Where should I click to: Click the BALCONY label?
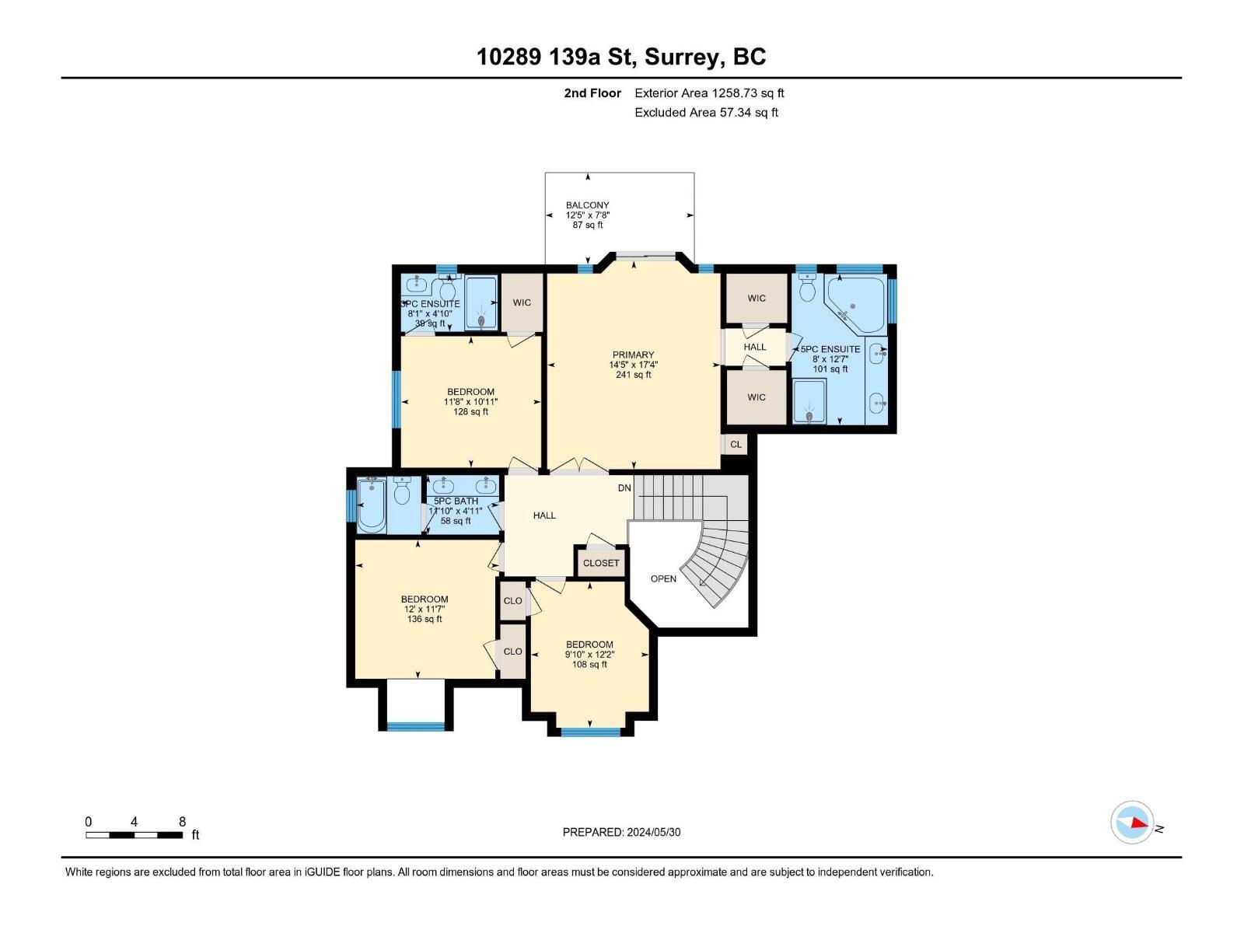click(587, 205)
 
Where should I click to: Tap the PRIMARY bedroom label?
click(633, 355)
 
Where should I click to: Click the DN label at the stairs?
click(624, 488)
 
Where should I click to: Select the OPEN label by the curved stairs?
click(663, 578)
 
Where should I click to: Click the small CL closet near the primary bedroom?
click(736, 445)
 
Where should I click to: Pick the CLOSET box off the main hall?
click(601, 563)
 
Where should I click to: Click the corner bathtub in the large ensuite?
click(854, 304)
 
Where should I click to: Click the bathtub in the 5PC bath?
click(372, 506)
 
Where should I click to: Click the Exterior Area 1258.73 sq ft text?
click(709, 93)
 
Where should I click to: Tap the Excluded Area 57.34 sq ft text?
click(706, 112)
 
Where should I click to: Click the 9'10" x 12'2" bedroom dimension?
click(589, 655)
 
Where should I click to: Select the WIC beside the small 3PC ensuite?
click(522, 302)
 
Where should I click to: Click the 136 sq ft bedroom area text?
click(425, 619)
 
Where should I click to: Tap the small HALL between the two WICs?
click(754, 347)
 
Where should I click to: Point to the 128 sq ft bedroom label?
click(470, 411)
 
